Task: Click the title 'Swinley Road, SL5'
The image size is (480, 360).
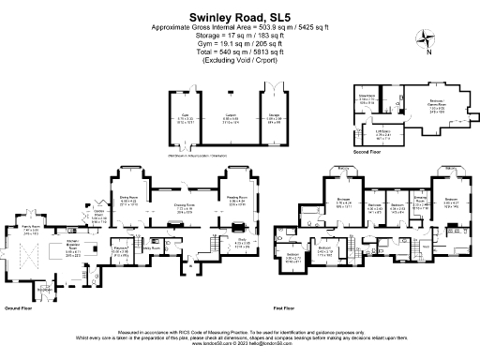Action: (239, 16)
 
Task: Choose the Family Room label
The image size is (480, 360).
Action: (31, 229)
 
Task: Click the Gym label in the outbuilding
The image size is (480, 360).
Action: (186, 119)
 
